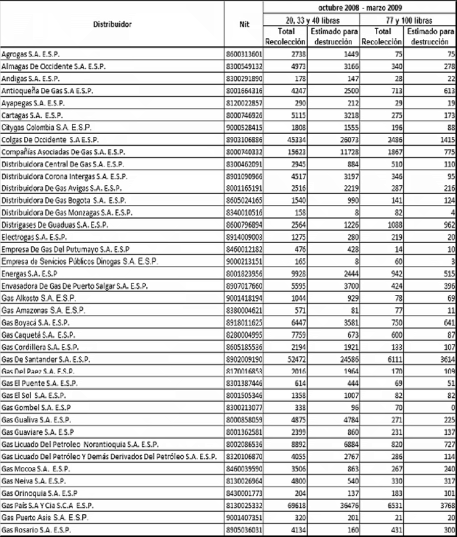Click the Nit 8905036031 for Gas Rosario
point(244,528)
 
